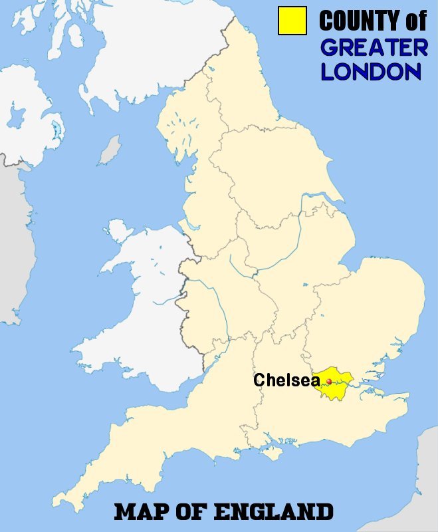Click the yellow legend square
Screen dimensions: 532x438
pyautogui.click(x=292, y=21)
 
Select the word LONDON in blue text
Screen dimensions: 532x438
pyautogui.click(x=371, y=72)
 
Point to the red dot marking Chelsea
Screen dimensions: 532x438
pyautogui.click(x=329, y=381)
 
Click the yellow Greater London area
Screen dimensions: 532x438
pyautogui.click(x=336, y=388)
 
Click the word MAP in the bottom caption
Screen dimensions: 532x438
pyautogui.click(x=139, y=512)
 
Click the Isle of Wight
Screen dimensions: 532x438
pyautogui.click(x=272, y=453)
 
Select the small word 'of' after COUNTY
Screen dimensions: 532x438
pyautogui.click(x=415, y=21)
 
